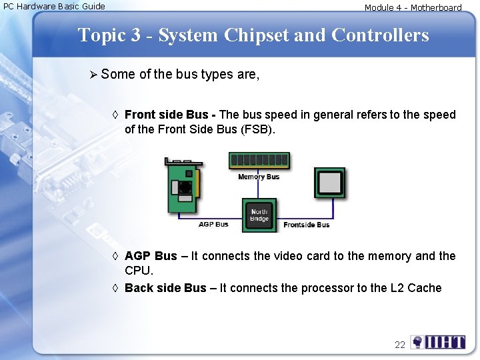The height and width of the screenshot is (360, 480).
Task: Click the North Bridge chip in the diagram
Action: [259, 215]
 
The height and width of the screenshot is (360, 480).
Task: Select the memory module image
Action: [259, 161]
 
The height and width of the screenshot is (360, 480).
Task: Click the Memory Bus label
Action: [259, 177]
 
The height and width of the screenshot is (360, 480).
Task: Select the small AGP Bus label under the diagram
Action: [213, 225]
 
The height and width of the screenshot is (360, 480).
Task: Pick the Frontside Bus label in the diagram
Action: [306, 225]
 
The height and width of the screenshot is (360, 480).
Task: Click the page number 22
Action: [400, 345]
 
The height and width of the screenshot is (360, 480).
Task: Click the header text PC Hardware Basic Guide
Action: [55, 7]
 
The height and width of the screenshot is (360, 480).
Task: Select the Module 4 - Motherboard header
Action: [413, 8]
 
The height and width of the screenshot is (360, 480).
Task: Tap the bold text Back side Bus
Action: [165, 288]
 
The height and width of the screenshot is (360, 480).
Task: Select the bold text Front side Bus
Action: [167, 115]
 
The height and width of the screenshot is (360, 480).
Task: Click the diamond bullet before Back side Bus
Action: [115, 288]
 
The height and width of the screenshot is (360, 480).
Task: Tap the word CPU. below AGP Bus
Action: [139, 271]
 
